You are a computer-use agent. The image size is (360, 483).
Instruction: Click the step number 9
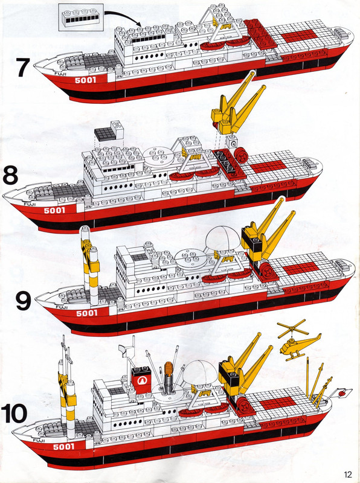point(23,300)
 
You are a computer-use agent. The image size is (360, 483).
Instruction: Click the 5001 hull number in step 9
point(88,313)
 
